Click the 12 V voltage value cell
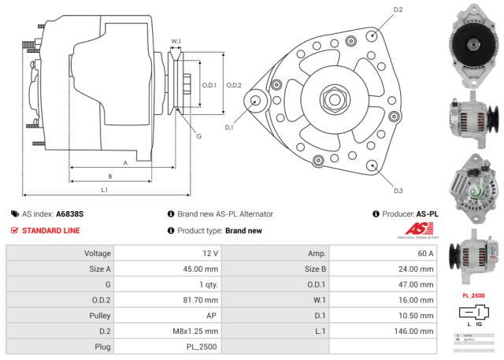click(x=209, y=254)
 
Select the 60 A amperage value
click(x=425, y=254)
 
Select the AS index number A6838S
click(x=70, y=213)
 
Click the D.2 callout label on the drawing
click(x=398, y=9)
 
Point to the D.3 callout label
click(x=398, y=191)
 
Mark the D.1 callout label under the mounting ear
click(x=229, y=127)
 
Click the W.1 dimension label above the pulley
click(x=176, y=41)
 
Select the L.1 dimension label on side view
click(x=104, y=189)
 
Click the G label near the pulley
click(x=198, y=135)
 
